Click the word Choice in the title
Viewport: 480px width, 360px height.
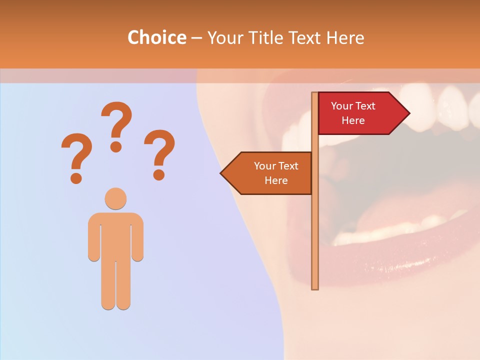(156, 37)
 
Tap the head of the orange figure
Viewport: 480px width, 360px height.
(115, 198)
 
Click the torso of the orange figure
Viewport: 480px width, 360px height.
(115, 235)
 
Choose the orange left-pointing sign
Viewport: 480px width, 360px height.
(270, 173)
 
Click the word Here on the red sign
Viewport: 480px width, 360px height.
(353, 120)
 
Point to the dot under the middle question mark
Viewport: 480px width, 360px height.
(116, 146)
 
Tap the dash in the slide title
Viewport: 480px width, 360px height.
(196, 38)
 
